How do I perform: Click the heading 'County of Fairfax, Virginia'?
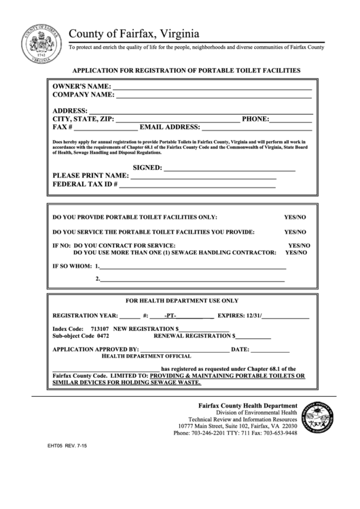coord(134,33)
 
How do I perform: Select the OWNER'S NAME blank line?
coord(211,88)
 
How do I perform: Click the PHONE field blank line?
coord(291,120)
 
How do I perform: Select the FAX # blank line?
coord(105,128)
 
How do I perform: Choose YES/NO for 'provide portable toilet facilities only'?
coord(295,217)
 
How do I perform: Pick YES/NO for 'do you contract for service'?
coord(299,244)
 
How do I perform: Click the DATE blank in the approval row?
coord(270,350)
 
